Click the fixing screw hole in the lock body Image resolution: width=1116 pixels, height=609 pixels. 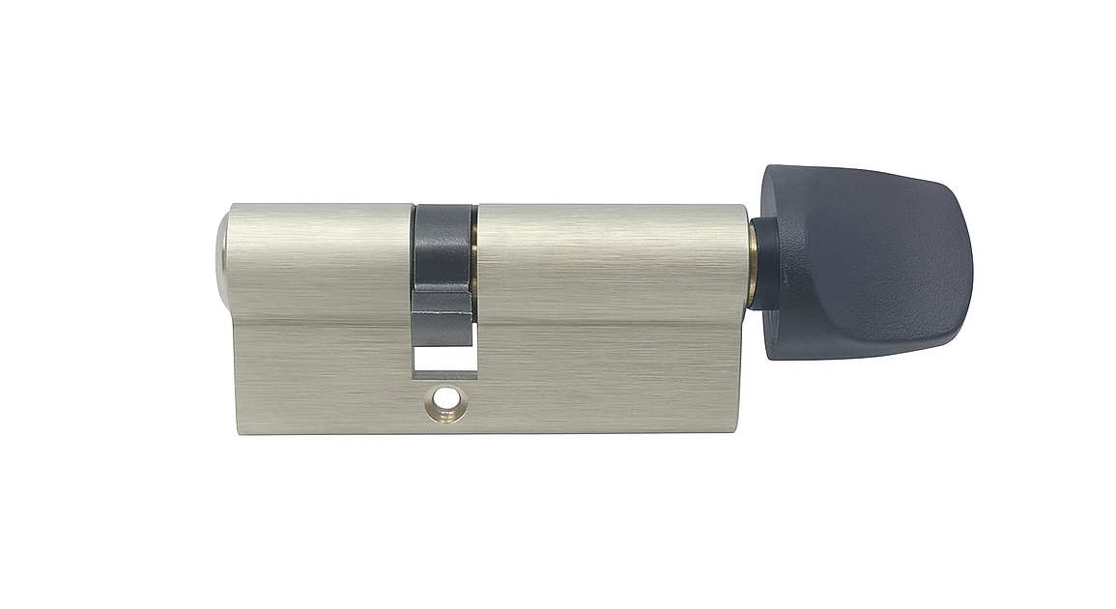[x=445, y=397]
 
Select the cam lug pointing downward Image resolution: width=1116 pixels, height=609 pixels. [x=442, y=313]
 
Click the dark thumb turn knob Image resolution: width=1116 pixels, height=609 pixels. [x=865, y=261]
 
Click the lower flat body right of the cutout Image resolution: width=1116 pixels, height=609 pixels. [x=609, y=377]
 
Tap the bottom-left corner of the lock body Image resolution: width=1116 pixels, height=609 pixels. [x=235, y=431]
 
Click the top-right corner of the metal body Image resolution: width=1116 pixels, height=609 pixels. [x=745, y=206]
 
